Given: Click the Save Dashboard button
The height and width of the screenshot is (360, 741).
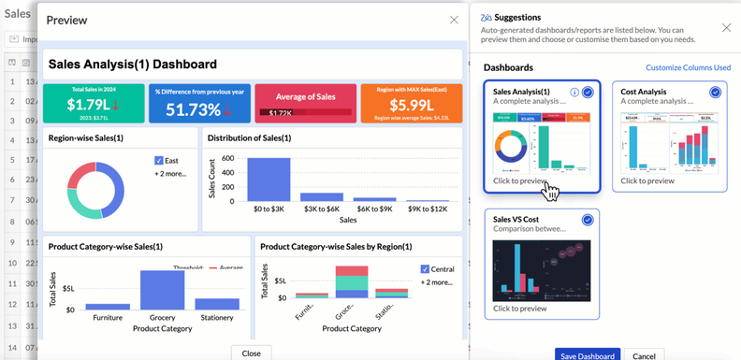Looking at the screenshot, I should pos(588,355).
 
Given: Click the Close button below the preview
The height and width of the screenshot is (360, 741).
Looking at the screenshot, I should pos(251,353).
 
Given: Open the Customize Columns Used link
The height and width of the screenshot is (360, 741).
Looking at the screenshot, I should pos(688,68).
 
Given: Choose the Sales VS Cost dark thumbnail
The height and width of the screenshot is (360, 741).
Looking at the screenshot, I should pos(541,270).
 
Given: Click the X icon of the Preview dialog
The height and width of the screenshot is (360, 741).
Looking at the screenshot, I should pos(454,20).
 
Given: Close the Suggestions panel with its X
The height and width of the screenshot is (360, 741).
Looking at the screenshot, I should pos(726,28).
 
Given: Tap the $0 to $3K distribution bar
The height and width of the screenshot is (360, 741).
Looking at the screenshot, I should pos(269,179).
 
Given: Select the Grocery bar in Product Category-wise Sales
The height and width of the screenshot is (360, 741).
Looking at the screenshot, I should pos(162,290).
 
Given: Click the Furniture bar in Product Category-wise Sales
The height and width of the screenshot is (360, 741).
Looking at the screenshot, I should pos(108,306).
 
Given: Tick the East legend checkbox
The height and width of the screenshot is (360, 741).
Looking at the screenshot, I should pos(159,161).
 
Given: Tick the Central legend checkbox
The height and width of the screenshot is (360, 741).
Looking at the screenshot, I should pos(426,269).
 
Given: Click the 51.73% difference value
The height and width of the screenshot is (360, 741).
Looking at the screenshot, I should pos(194,109).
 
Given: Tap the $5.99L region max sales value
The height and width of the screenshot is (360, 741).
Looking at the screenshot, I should pos(410,106).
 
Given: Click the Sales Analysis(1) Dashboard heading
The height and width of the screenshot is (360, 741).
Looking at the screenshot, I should pos(133,65).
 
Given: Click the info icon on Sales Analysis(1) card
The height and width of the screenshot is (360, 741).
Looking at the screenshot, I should pos(574,93).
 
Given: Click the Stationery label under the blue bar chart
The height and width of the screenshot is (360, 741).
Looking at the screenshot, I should pos(217,318).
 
